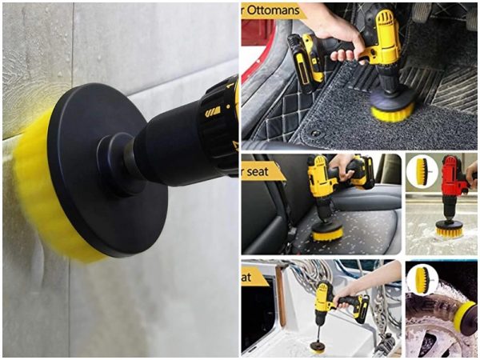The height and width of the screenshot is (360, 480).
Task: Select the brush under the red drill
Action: tap(449, 230)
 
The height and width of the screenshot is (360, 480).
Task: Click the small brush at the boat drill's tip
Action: tap(318, 346)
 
